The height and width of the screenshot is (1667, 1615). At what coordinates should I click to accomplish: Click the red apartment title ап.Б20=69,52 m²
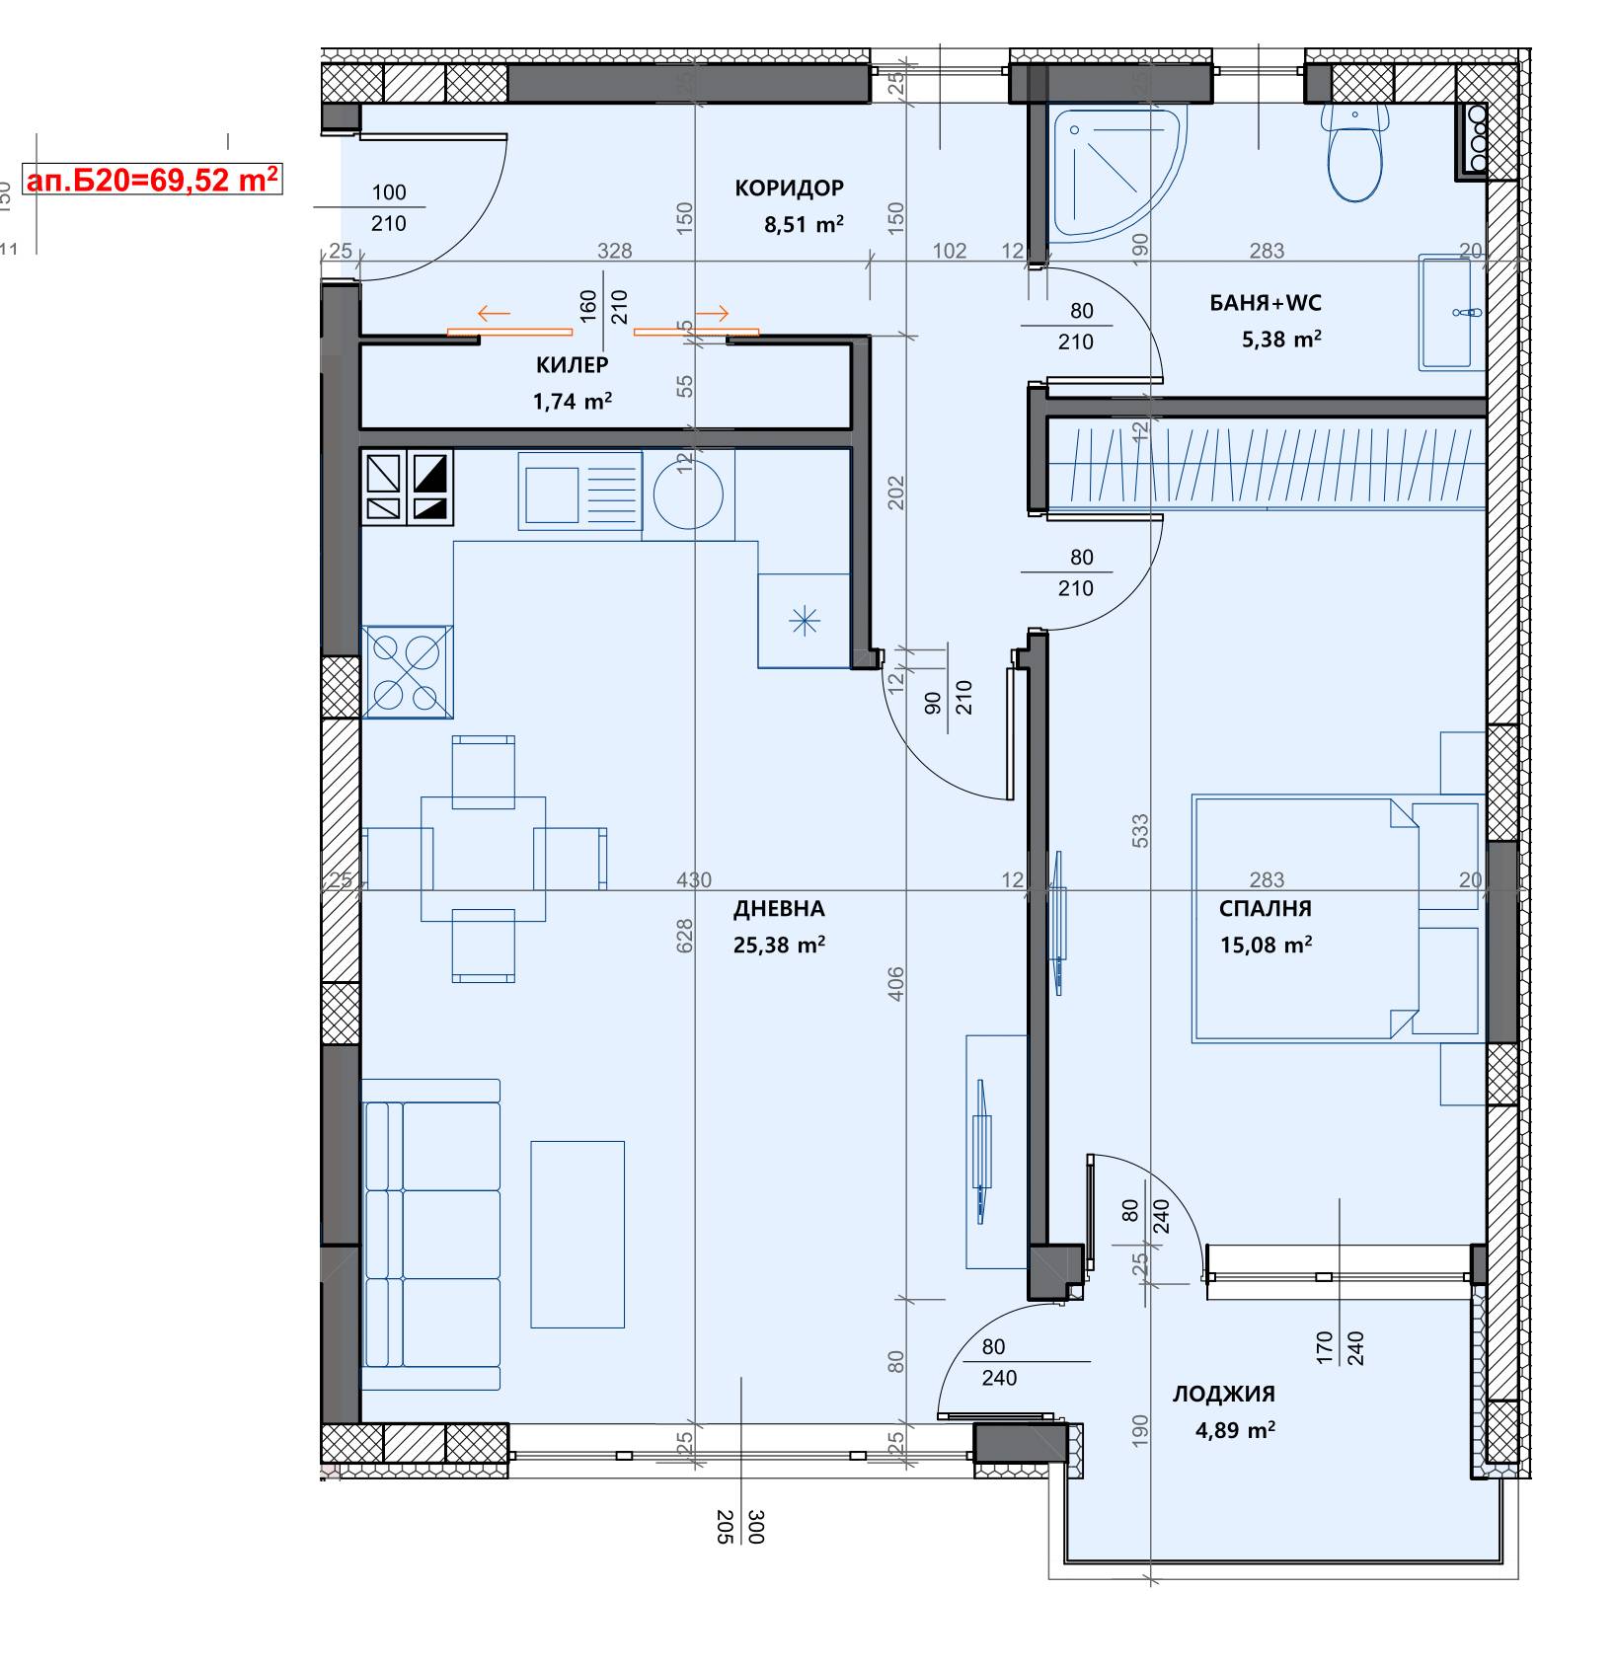tap(153, 180)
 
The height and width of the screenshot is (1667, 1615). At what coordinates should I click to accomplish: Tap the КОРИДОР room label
tap(790, 188)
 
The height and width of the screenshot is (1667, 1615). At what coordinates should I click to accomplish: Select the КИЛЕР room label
tap(573, 365)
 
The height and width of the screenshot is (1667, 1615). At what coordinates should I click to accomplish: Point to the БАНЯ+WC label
tap(1266, 303)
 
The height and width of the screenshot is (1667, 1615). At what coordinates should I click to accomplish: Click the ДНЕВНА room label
tap(779, 908)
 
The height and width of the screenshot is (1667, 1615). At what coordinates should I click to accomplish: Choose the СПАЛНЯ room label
tap(1266, 908)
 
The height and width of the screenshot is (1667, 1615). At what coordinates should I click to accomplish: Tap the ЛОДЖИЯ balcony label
tap(1224, 1394)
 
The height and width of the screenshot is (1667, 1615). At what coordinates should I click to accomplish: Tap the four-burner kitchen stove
tap(408, 671)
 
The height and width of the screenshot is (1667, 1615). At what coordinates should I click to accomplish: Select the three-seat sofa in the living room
tap(431, 1235)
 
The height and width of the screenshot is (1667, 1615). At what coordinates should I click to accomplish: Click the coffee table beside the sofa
tap(577, 1235)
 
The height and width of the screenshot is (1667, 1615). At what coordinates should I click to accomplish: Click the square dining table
tap(484, 859)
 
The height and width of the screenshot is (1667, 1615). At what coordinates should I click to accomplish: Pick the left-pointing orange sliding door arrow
tap(494, 315)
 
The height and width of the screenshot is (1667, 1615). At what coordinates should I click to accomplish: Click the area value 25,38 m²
tap(779, 946)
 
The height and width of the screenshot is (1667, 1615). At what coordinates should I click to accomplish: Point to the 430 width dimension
tap(694, 879)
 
